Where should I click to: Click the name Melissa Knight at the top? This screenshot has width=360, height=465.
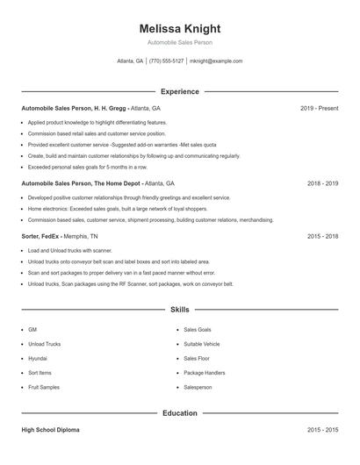point(179,28)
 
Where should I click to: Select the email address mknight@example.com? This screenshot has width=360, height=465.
point(216,61)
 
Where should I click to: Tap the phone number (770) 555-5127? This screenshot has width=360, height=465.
point(167,61)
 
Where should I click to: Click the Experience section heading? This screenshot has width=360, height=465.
point(179,91)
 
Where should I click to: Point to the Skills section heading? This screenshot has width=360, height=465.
point(179,310)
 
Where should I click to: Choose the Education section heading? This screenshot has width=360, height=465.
point(179,412)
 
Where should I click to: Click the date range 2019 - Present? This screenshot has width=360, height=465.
point(319,108)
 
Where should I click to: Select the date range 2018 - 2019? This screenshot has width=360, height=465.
point(323,184)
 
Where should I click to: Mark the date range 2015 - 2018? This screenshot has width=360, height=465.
point(323,236)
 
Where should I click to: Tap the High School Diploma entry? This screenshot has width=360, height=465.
point(51,430)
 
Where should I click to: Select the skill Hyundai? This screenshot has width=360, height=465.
point(38,358)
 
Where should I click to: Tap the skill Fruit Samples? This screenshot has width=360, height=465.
point(43,387)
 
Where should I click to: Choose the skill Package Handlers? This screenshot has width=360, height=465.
point(204,373)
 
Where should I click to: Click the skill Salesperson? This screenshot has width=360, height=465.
point(198,387)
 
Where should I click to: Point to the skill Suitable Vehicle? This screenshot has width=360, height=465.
point(202,344)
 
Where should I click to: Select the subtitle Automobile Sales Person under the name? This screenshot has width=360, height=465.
point(179,42)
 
